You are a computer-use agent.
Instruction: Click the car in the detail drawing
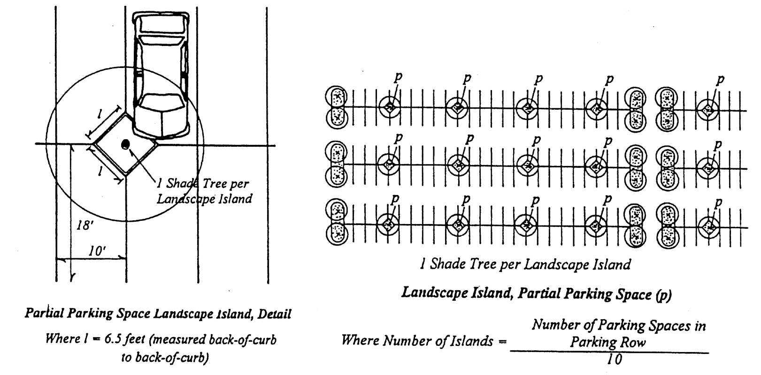pos(161,73)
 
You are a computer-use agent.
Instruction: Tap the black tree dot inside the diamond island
pos(125,145)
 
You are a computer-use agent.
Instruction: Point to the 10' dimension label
pos(98,251)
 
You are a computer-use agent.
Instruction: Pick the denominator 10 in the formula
pos(613,360)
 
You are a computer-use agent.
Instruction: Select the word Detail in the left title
pos(274,314)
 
